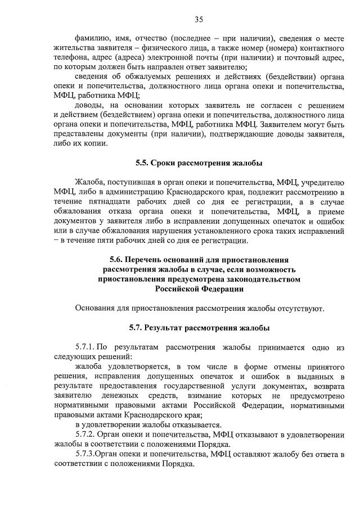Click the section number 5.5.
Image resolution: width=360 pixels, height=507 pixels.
click(x=143, y=164)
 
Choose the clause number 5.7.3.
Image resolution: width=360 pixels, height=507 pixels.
click(x=85, y=454)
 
